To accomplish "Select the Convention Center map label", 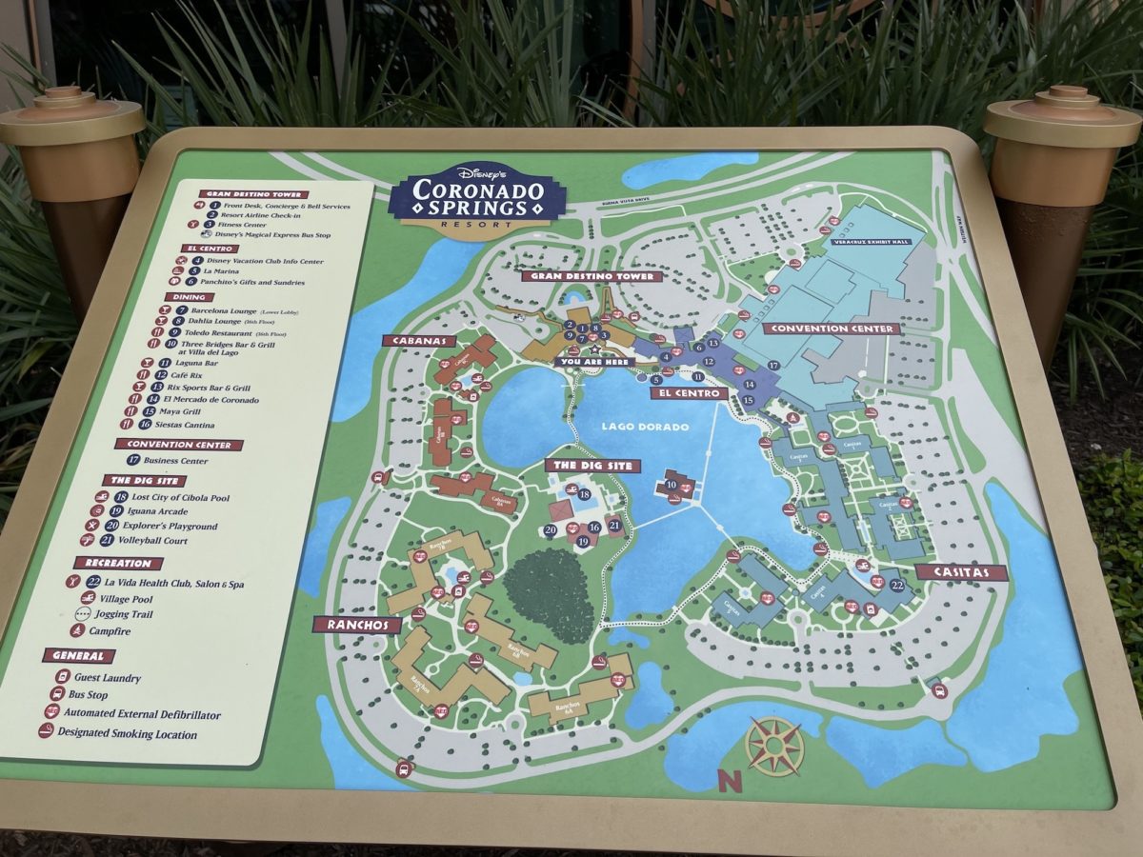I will pos(832,329).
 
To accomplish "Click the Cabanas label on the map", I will pos(414,340).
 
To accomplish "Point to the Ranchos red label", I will pos(356,625).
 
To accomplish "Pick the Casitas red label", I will pos(961,572).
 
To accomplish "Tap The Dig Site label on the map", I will pos(592,466).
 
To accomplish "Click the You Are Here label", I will pos(594,361).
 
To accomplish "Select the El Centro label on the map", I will pos(690,392).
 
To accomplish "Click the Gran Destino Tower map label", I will pos(592,276).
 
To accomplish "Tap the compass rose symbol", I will pos(774,746).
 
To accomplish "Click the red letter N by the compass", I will pos(730,781).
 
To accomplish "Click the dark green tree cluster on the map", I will pos(549,595).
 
